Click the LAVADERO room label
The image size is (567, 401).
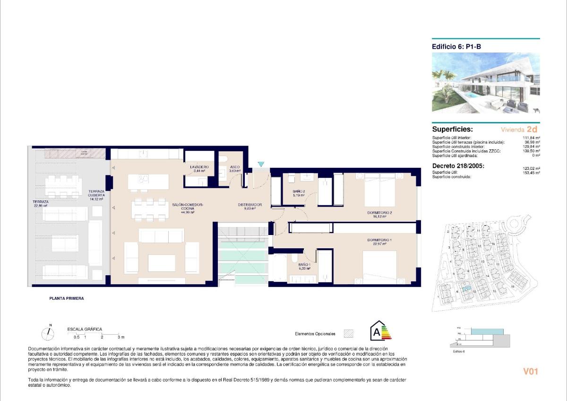[199, 167]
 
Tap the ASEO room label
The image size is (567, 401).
[235, 167]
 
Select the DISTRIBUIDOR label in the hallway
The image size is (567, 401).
[250, 205]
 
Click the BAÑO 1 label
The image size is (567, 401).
[304, 265]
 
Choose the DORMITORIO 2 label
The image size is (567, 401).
[380, 213]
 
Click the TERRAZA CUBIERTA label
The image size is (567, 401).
[96, 193]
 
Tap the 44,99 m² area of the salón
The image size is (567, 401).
[188, 212]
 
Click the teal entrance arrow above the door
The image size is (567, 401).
[261, 164]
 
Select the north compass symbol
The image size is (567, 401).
[48, 334]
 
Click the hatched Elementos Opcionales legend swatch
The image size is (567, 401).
[348, 333]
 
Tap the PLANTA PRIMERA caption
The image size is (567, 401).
[67, 298]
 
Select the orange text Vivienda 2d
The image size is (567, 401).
[519, 129]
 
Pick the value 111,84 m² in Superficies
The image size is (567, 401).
[532, 138]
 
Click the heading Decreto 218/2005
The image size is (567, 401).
[458, 166]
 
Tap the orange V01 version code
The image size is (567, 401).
[531, 372]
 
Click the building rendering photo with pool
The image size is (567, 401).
[486, 83]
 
